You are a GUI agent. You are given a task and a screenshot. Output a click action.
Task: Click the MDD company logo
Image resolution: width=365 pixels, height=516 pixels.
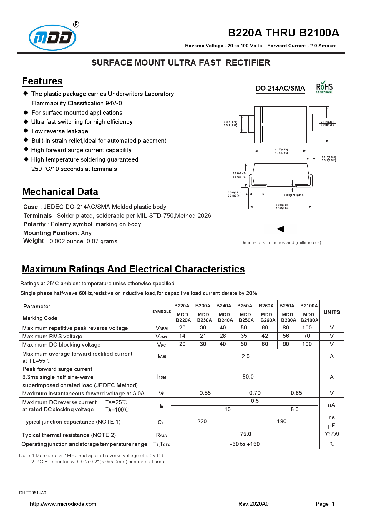coord(53,37)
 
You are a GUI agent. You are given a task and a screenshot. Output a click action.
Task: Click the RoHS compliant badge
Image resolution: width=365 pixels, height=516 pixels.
coord(324,87)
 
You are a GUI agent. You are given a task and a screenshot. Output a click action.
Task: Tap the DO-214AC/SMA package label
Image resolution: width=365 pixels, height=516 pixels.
coord(280,88)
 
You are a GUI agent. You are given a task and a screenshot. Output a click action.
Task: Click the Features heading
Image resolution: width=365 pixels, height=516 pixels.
coord(42,81)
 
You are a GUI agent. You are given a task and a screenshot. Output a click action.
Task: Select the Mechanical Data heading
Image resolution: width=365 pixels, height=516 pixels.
coord(60,192)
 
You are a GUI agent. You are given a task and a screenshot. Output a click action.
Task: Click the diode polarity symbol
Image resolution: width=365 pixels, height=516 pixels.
coord(280,229)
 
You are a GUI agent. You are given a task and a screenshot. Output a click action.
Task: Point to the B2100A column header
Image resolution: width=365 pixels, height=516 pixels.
coord(309,306)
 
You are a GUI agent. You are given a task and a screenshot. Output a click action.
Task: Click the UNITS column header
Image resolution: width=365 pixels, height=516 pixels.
coord(331,312)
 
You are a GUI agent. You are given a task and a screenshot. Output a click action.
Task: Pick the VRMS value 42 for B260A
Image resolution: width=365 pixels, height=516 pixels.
coord(265,336)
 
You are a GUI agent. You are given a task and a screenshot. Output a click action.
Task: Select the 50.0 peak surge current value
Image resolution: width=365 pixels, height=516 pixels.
coord(248,377)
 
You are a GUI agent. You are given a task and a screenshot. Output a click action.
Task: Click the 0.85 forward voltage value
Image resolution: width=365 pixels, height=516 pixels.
coord(296,393)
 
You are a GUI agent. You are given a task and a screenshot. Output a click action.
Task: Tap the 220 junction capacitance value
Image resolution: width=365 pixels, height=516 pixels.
coord(202,422)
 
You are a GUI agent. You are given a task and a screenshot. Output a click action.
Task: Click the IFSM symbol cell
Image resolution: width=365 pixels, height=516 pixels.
coord(162,377)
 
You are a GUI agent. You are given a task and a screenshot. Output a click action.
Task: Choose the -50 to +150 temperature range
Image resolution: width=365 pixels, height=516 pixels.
coord(245,444)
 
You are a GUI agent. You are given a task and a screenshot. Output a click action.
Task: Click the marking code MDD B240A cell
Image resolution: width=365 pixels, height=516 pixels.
coord(225,317)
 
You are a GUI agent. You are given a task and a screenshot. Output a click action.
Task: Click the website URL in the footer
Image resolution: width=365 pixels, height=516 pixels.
coord(63,504)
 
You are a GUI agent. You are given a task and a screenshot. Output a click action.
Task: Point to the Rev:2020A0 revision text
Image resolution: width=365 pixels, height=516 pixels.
coord(253,504)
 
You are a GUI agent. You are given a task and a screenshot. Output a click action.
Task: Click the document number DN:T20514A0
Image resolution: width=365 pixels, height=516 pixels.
coord(33,493)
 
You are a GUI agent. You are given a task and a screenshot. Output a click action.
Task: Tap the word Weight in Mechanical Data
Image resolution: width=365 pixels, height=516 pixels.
coord(33,241)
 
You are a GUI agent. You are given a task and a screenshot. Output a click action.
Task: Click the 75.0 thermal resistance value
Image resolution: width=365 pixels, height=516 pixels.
coord(245,434)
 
